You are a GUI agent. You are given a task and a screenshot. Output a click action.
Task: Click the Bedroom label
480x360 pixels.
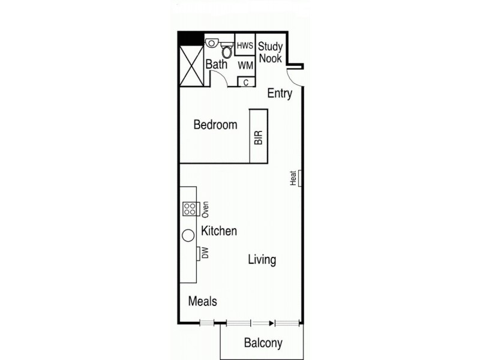click(x=215, y=125)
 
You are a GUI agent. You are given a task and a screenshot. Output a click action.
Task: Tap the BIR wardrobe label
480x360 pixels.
click(x=259, y=137)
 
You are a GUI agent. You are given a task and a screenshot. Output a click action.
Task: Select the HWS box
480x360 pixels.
click(x=245, y=46)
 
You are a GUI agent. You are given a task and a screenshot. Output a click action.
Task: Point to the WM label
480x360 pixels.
click(x=245, y=64)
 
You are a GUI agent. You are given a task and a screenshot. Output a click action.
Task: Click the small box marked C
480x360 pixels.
click(x=246, y=82)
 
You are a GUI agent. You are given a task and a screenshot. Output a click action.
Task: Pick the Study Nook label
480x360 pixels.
click(x=270, y=51)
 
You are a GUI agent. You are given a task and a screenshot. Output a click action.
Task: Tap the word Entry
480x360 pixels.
click(x=280, y=93)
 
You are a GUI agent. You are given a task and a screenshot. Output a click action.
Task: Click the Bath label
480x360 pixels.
click(x=216, y=64)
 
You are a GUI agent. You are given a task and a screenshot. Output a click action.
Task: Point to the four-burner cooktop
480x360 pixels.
click(x=191, y=209)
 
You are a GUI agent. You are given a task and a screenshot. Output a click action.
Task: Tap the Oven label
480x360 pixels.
click(x=205, y=209)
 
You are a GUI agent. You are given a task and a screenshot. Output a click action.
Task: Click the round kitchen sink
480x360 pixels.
click(x=188, y=235)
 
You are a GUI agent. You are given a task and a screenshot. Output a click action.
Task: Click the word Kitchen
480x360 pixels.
click(x=219, y=231)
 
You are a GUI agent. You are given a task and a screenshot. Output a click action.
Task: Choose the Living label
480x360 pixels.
click(x=262, y=260)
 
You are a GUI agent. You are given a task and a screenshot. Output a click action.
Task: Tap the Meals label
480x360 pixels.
click(x=202, y=301)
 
